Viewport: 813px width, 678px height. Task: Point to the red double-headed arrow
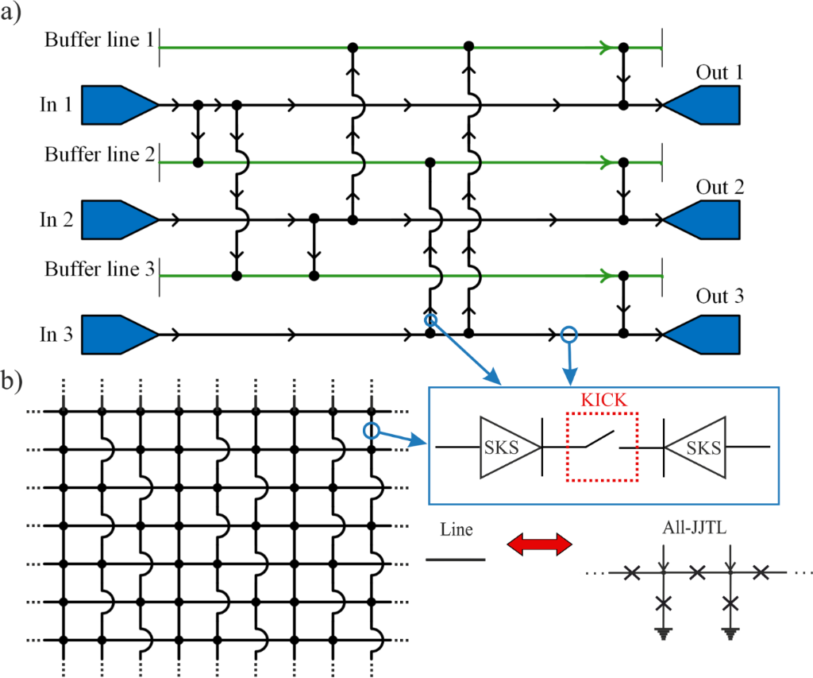click(x=539, y=544)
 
